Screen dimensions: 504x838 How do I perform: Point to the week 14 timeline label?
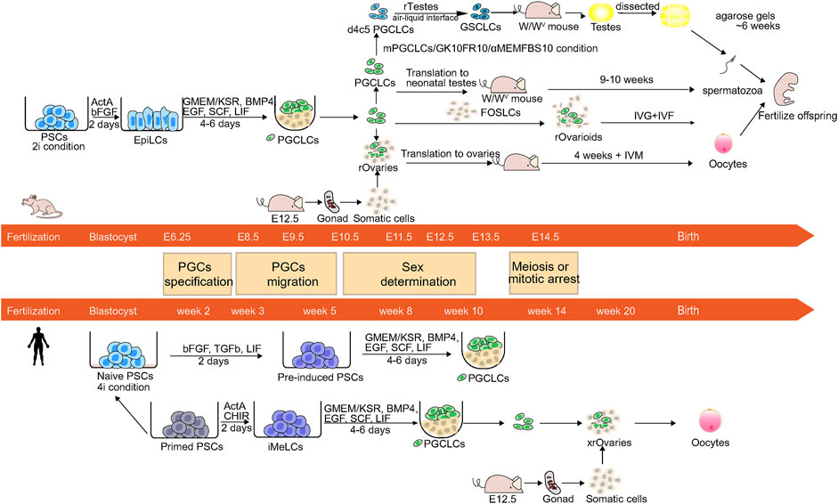(x=545, y=311)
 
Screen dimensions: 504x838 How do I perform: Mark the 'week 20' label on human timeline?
(x=615, y=311)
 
